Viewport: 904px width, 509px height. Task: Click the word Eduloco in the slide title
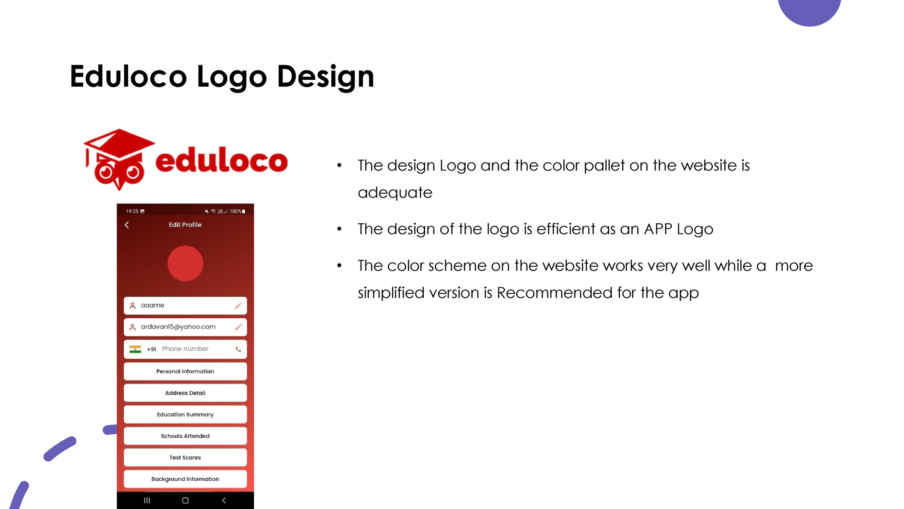tap(128, 76)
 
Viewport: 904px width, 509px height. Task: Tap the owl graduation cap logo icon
tap(119, 160)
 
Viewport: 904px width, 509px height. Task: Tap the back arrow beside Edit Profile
tap(126, 225)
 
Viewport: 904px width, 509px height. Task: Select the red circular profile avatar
tap(185, 264)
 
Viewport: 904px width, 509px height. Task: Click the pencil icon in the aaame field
tap(238, 306)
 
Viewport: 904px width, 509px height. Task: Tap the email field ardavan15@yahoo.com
tap(185, 327)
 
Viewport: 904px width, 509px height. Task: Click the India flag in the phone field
tap(135, 349)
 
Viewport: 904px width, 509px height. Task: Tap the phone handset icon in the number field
tap(238, 349)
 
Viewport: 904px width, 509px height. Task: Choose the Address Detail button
tap(185, 393)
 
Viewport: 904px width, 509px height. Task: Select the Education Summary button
tap(185, 414)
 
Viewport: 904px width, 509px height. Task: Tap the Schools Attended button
tap(185, 436)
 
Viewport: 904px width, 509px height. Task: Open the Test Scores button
tap(185, 458)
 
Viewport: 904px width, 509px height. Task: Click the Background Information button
tap(185, 479)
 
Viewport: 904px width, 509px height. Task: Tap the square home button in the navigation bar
tap(185, 501)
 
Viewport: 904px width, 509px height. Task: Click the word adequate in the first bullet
tap(395, 193)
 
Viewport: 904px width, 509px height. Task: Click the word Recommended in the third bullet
tap(554, 292)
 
